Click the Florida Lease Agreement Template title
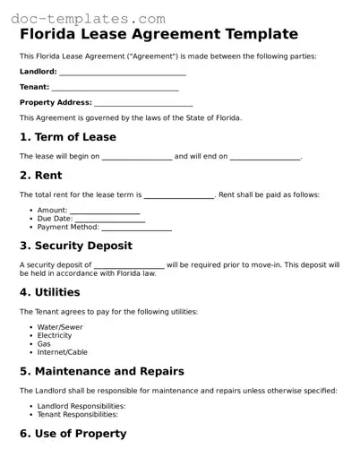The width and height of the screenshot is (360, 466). point(159,35)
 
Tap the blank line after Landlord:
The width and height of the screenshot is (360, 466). point(123,73)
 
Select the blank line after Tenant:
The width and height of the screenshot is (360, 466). point(115,88)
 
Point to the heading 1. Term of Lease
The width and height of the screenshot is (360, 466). point(68,137)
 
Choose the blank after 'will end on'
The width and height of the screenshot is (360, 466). point(265,158)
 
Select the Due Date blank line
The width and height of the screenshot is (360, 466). point(108,220)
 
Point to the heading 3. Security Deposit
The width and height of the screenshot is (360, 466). point(76,246)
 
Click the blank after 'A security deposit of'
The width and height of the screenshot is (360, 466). point(129,266)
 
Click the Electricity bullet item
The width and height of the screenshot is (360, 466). point(55,335)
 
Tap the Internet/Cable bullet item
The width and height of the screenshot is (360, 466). point(63,352)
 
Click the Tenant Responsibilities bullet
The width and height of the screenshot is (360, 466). point(77,414)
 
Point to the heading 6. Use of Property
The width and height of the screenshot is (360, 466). point(73,434)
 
